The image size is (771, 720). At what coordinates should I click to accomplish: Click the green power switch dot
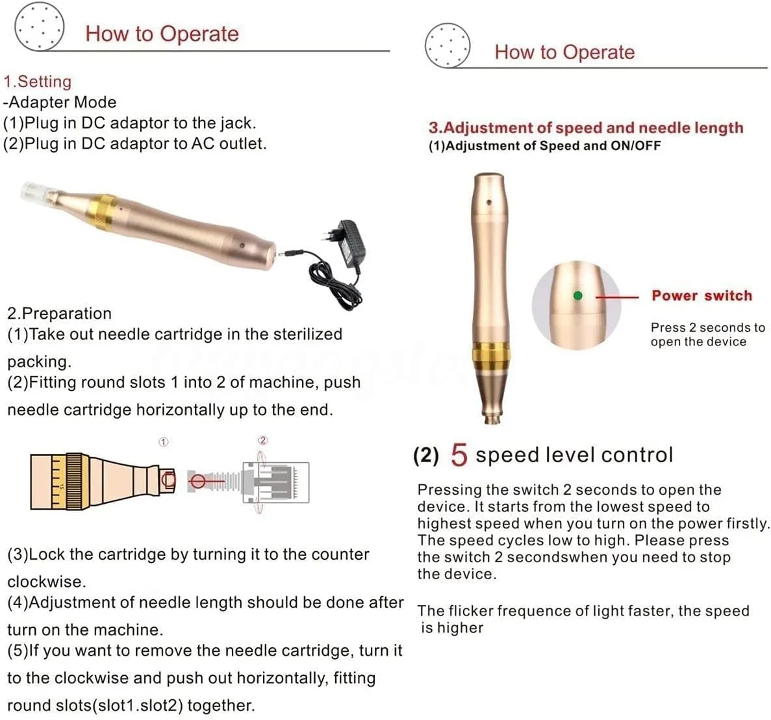tap(577, 295)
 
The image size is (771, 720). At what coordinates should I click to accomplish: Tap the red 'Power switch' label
tap(701, 295)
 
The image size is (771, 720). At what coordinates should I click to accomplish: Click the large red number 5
tap(459, 454)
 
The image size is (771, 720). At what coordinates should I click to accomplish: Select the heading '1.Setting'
tap(38, 81)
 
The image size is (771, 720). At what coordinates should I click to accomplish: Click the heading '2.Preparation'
tap(59, 313)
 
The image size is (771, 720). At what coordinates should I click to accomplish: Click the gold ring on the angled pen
tap(104, 212)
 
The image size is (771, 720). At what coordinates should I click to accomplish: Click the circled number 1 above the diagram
tap(164, 442)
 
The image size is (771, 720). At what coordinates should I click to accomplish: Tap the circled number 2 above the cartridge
tap(263, 440)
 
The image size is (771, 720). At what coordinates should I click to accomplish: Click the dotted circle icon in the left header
tap(40, 25)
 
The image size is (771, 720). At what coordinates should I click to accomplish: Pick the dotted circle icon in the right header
tap(448, 45)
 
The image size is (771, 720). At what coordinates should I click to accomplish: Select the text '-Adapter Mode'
tap(60, 102)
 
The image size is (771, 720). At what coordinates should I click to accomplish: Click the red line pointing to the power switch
tap(617, 297)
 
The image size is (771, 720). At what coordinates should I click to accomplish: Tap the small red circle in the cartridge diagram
tap(197, 480)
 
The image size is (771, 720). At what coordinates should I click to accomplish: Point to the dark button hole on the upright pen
tap(489, 202)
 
